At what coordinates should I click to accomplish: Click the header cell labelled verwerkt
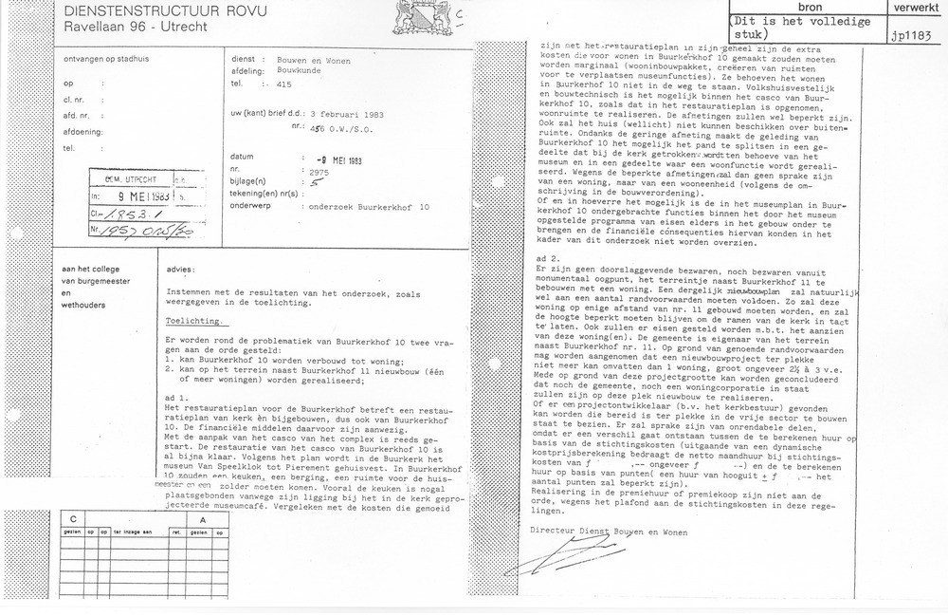pos(913,7)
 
